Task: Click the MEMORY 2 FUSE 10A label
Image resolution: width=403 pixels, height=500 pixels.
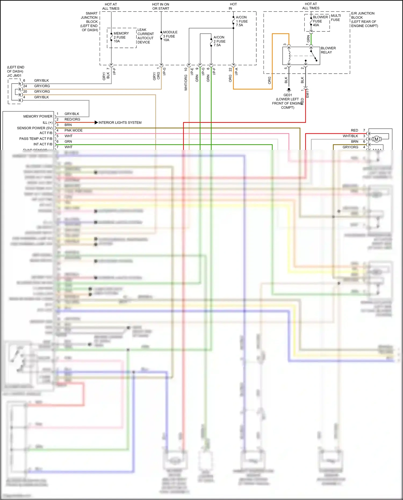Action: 121,37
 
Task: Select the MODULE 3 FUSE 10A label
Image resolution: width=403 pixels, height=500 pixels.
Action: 170,36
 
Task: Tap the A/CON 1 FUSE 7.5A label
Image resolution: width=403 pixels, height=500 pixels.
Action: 242,21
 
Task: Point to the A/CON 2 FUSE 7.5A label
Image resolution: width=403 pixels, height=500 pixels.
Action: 219,41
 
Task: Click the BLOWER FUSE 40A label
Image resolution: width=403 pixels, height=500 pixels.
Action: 320,21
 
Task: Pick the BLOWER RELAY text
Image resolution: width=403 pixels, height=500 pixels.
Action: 328,50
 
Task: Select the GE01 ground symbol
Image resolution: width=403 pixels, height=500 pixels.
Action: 289,89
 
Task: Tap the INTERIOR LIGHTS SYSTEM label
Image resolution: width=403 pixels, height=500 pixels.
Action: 120,123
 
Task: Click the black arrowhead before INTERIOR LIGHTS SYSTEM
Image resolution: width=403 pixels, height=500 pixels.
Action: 96,123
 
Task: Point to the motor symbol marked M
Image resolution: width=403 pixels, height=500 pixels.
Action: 376,139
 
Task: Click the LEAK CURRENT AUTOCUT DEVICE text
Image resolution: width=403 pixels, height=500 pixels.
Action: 145,36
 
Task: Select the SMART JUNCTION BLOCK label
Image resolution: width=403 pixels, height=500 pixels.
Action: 89,21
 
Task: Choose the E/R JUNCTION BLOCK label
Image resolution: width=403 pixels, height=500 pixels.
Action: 364,19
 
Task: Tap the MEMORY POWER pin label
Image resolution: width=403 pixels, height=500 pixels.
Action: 38,116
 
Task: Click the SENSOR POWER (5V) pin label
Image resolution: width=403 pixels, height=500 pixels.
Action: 35,128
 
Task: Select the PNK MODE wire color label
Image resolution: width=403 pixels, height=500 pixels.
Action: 73,130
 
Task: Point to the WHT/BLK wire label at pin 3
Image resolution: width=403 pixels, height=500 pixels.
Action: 350,136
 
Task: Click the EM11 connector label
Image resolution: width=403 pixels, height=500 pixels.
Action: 308,93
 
